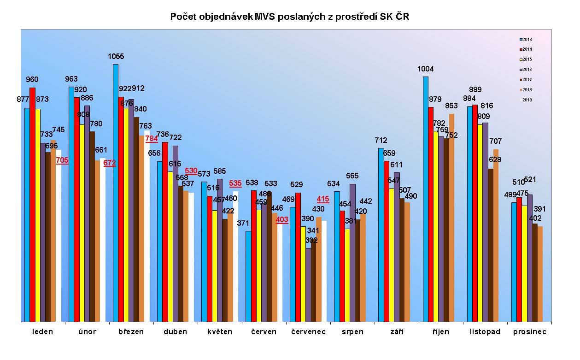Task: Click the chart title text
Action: click(289, 17)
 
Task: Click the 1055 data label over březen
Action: click(116, 57)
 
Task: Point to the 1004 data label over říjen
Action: click(425, 69)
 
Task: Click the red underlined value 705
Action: click(62, 160)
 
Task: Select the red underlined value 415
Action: click(323, 199)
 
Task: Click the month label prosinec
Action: click(529, 332)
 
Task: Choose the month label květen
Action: click(220, 332)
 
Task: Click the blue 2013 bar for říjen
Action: click(426, 198)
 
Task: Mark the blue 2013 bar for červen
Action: click(248, 276)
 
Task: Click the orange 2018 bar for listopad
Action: click(496, 235)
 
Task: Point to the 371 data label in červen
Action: click(243, 224)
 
